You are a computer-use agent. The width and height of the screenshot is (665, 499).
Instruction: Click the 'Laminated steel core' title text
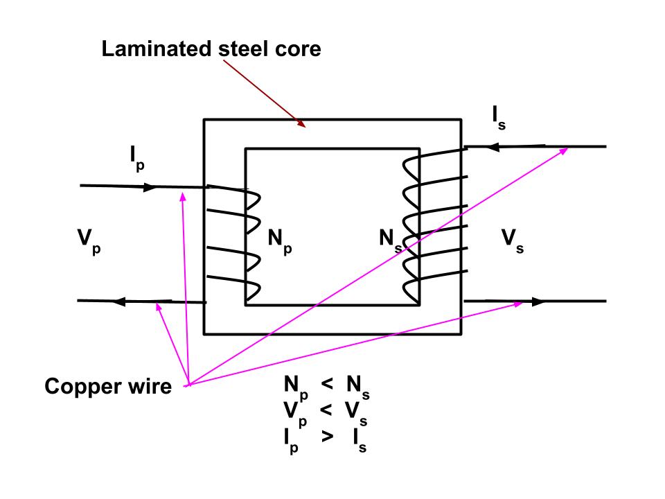(211, 49)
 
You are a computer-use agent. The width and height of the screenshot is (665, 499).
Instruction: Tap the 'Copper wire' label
(107, 387)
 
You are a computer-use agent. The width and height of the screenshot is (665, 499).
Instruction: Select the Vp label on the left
(88, 240)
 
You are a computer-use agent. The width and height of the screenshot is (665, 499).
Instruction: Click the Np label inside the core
(279, 240)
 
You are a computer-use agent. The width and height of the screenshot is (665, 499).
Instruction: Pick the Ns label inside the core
(390, 240)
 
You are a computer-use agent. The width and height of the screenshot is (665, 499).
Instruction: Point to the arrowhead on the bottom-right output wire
(538, 301)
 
